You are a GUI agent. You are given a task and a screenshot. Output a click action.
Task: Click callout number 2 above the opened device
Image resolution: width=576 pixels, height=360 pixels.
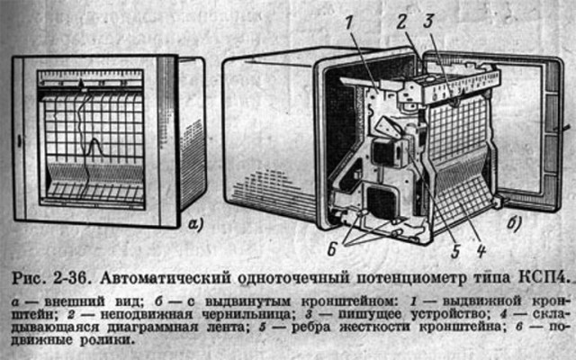pyautogui.click(x=401, y=22)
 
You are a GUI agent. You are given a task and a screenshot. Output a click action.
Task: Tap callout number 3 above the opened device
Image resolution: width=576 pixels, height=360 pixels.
pyautogui.click(x=428, y=22)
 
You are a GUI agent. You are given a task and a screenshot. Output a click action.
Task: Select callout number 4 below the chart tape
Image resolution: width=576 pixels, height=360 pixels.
pyautogui.click(x=481, y=251)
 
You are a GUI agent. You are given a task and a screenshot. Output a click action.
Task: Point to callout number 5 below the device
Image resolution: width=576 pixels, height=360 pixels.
pyautogui.click(x=455, y=251)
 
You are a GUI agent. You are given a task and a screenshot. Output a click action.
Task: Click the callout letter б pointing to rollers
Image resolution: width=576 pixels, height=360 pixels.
pyautogui.click(x=332, y=250)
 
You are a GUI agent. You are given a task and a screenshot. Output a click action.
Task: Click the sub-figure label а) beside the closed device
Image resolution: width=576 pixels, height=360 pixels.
pyautogui.click(x=195, y=224)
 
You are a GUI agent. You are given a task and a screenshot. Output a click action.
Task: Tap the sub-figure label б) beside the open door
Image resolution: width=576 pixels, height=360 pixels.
pyautogui.click(x=514, y=222)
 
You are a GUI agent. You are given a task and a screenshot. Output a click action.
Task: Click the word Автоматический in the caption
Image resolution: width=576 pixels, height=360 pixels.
pyautogui.click(x=166, y=278)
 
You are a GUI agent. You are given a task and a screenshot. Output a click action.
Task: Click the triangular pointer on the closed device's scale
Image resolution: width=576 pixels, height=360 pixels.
pyautogui.click(x=82, y=84)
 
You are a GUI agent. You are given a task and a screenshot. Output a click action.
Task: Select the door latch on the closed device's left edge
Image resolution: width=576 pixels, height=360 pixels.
pyautogui.click(x=19, y=141)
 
